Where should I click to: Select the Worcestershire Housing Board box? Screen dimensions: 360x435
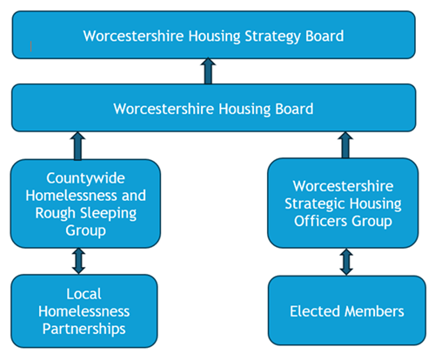pyautogui.click(x=214, y=110)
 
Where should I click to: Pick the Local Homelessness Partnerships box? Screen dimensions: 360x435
pyautogui.click(x=84, y=311)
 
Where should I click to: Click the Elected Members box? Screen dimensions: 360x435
pyautogui.click(x=347, y=311)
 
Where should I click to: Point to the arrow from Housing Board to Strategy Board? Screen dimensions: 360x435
pyautogui.click(x=207, y=72)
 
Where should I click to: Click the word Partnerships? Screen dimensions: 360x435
pyautogui.click(x=85, y=329)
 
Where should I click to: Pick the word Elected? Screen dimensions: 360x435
pyautogui.click(x=315, y=311)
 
